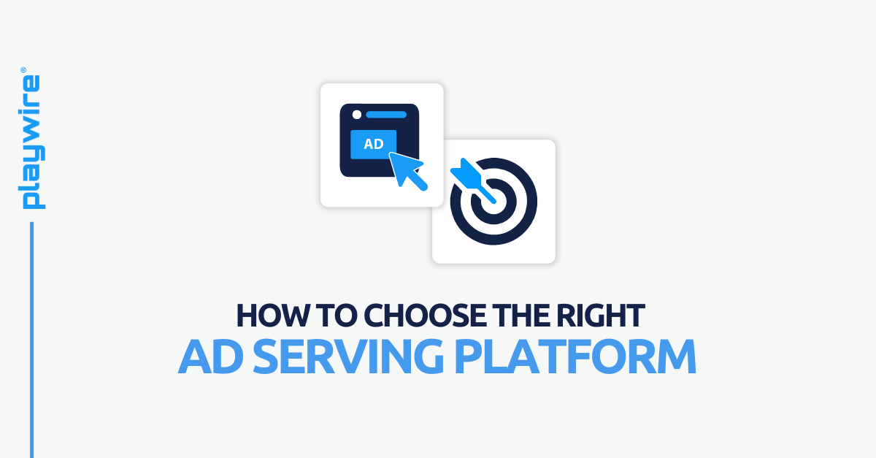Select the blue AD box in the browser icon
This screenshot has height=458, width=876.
(x=374, y=144)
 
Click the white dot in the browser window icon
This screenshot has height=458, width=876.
(x=356, y=115)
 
